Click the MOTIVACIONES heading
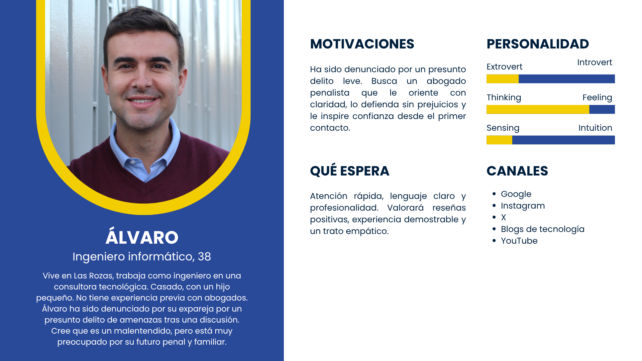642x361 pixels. click(362, 44)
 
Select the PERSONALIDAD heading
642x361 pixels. click(538, 44)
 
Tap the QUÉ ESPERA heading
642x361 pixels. click(349, 170)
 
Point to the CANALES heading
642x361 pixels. click(517, 171)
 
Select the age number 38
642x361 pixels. click(204, 257)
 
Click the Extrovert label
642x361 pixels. click(504, 67)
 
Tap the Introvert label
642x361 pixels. click(595, 62)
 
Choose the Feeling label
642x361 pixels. click(597, 98)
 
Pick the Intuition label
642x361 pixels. click(595, 128)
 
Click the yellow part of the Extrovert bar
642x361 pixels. click(503, 79)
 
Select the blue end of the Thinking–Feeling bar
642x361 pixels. click(602, 109)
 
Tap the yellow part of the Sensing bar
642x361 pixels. click(499, 140)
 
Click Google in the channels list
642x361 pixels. click(516, 194)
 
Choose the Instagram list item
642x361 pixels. click(523, 206)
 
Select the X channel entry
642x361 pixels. click(503, 217)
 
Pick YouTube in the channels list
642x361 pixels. click(519, 241)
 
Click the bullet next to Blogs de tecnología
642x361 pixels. click(494, 229)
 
